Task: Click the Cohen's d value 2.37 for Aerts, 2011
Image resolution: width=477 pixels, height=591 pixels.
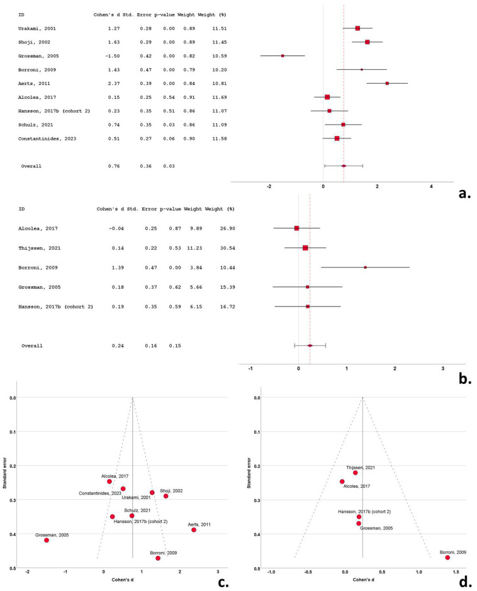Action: coord(114,83)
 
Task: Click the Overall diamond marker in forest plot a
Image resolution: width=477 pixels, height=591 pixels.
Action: coord(344,166)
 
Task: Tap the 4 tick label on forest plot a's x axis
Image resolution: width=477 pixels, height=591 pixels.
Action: coord(431,186)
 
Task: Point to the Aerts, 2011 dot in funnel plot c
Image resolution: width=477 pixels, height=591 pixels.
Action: coord(194,530)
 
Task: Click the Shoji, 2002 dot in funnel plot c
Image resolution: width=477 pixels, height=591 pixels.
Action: coord(166,496)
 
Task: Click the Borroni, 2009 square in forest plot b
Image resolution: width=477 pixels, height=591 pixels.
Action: coord(366,267)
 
